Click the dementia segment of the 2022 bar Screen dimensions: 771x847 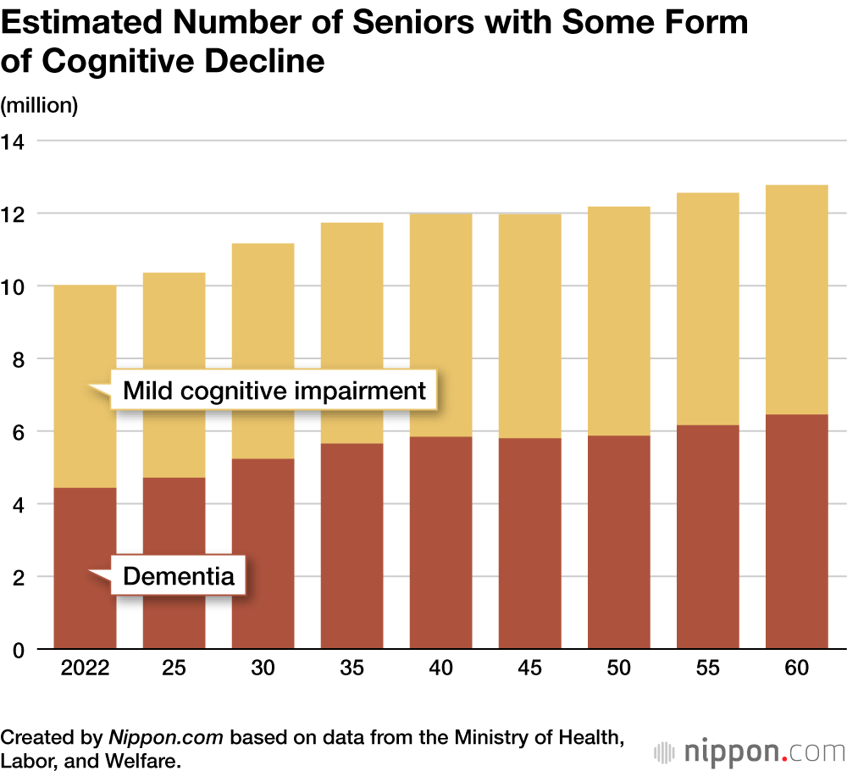85,525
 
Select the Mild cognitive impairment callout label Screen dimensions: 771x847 274,391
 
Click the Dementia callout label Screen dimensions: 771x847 178,577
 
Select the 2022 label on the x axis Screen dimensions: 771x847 85,668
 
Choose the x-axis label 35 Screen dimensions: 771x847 352,668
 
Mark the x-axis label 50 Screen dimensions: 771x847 618,668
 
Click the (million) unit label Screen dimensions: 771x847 40,106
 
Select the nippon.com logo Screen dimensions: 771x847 749,751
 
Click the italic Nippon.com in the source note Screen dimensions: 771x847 166,737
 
